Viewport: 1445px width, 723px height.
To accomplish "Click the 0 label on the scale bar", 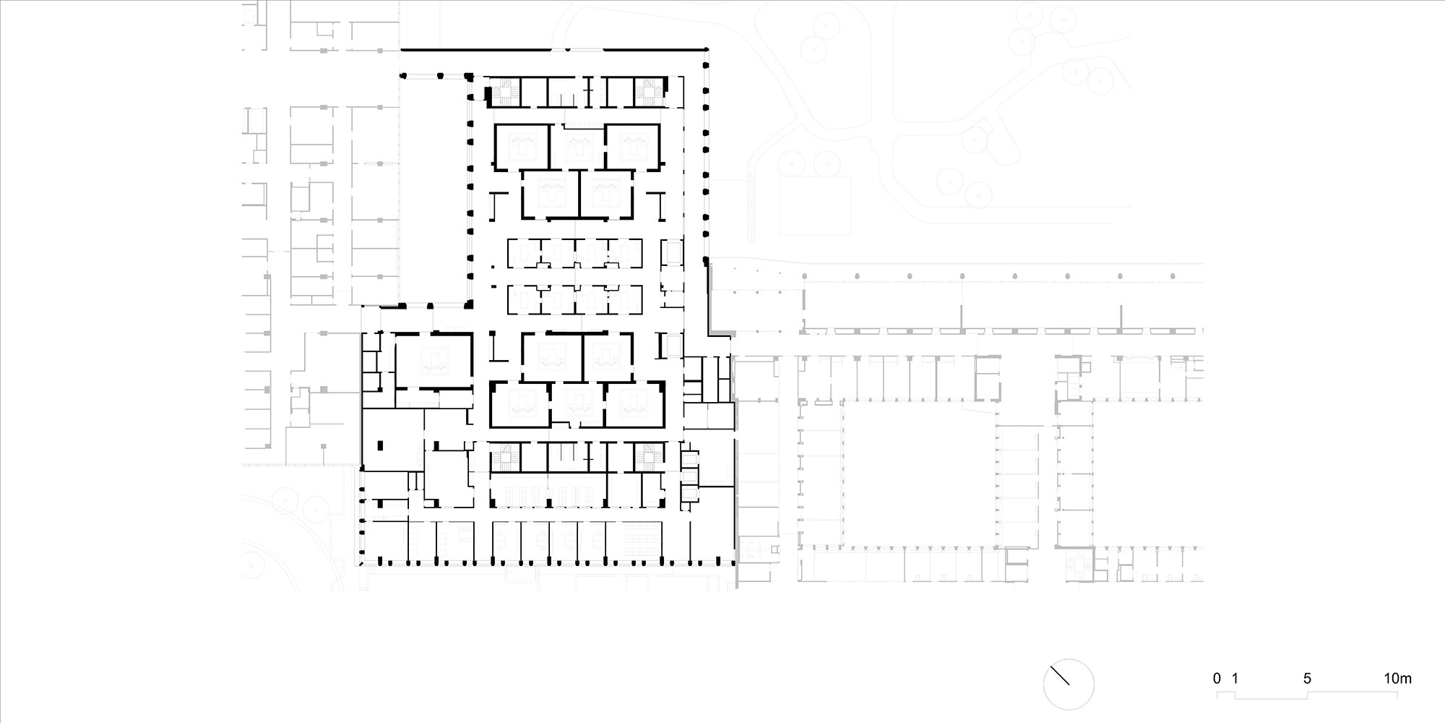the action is tap(1217, 679).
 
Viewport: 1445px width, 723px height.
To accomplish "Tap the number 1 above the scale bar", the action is tap(1235, 679).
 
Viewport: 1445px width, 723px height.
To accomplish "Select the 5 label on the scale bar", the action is tap(1307, 679).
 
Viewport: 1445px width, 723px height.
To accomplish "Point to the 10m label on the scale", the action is tap(1397, 679).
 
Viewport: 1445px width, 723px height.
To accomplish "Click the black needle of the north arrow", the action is tap(1060, 676).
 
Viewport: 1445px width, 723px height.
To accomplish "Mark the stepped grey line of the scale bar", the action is tap(1307, 696).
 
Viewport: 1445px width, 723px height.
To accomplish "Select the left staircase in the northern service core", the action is tap(501, 93).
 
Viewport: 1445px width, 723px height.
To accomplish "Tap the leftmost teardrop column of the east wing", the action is tap(804, 276).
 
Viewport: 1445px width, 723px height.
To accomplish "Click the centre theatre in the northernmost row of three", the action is tap(578, 147).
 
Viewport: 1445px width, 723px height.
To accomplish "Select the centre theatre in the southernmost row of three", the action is tap(578, 404).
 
